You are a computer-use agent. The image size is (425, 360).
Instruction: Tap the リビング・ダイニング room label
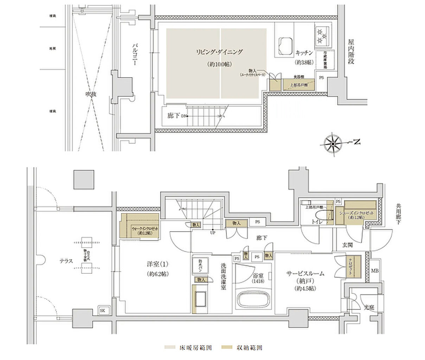tap(219, 52)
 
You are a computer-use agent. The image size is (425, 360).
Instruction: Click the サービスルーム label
tap(305, 273)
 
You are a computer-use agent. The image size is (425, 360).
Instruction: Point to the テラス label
tap(66, 261)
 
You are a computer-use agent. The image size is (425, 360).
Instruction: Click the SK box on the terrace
tap(102, 310)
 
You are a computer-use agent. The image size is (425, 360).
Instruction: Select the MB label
tap(375, 271)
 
